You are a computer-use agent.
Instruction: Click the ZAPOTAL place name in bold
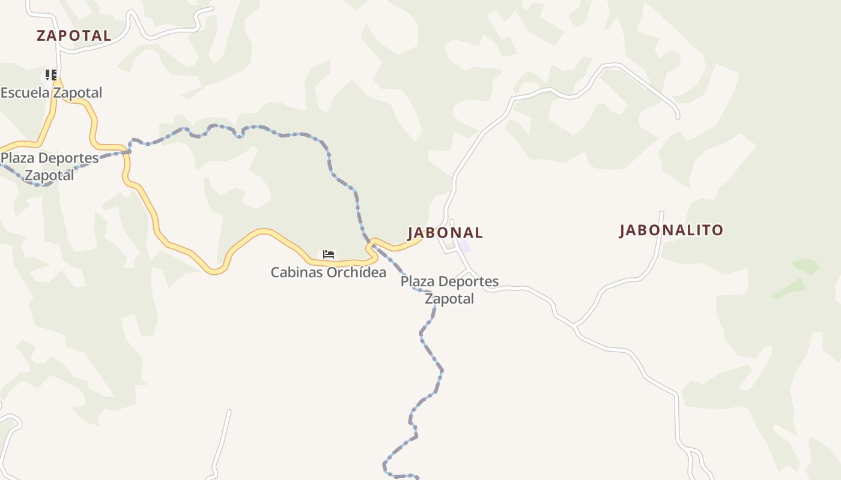[74, 35]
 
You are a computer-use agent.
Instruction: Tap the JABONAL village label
[445, 233]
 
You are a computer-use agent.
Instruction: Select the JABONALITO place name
[671, 230]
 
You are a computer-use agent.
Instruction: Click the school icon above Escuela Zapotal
[51, 75]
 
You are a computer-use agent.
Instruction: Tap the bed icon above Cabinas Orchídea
[328, 254]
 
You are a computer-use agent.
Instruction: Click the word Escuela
[25, 93]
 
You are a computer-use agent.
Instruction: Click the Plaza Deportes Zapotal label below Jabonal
[449, 290]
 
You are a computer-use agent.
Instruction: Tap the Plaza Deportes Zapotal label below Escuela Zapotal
[49, 167]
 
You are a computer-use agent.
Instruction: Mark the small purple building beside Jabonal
[464, 247]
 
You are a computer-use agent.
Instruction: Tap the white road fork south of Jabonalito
[575, 326]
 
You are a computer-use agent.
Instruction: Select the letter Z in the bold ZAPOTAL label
[41, 36]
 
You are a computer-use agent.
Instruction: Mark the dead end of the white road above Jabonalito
[678, 117]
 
